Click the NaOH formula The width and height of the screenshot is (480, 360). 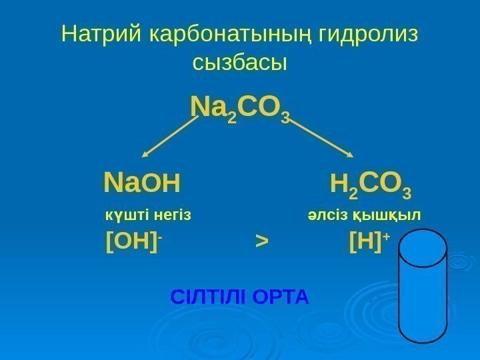[x=143, y=181]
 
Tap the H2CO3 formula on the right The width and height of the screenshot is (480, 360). [x=371, y=182]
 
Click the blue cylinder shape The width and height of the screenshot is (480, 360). [x=423, y=293]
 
